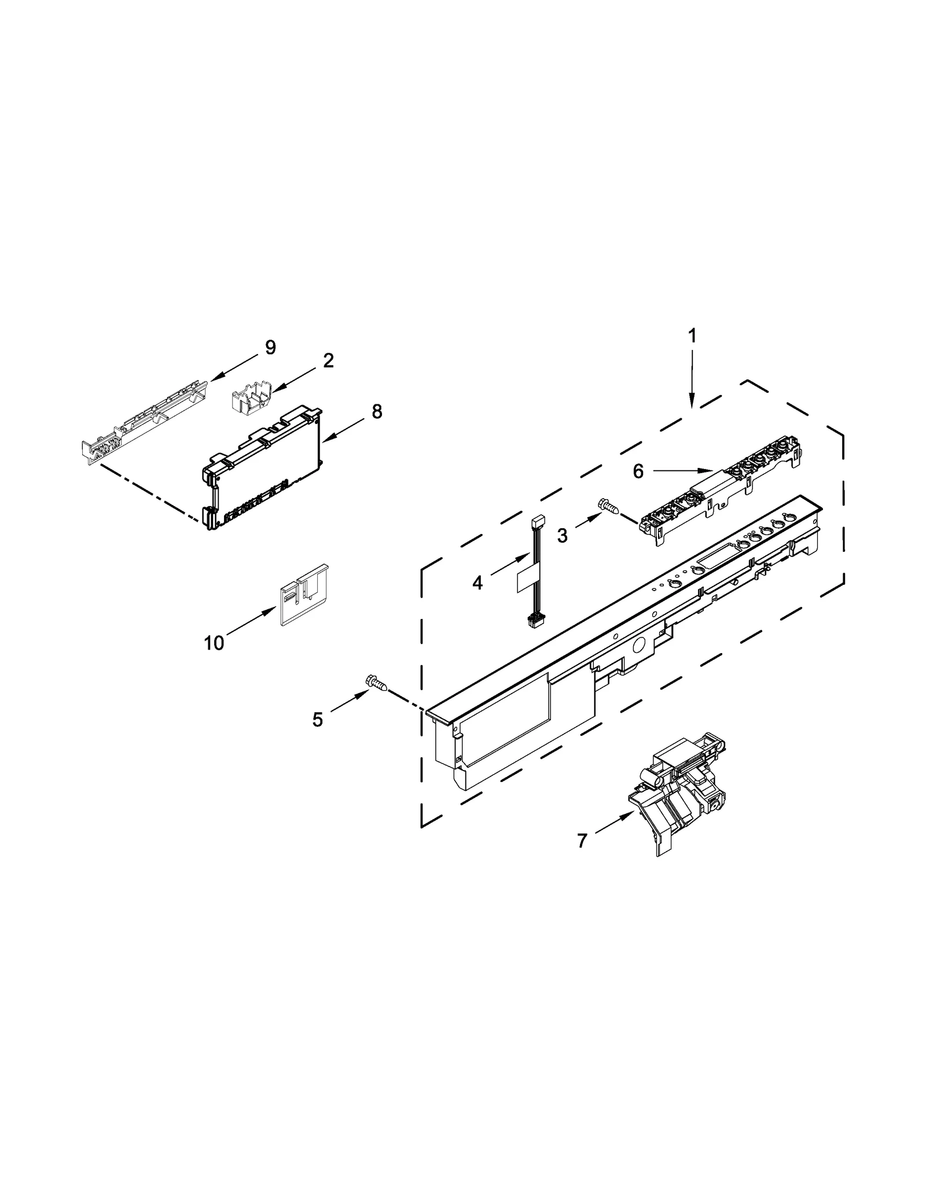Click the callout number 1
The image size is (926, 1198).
pos(692,336)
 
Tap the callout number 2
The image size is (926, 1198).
pos(328,361)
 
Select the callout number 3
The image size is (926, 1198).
pos(562,536)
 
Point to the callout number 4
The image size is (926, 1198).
pos(477,583)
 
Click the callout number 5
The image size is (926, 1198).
pos(317,719)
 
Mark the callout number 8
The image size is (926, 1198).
pos(377,412)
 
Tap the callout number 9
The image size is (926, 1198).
pos(270,347)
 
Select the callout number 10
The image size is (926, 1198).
pos(214,642)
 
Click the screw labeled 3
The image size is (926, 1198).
pos(608,507)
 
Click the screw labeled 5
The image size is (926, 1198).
pos(376,683)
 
